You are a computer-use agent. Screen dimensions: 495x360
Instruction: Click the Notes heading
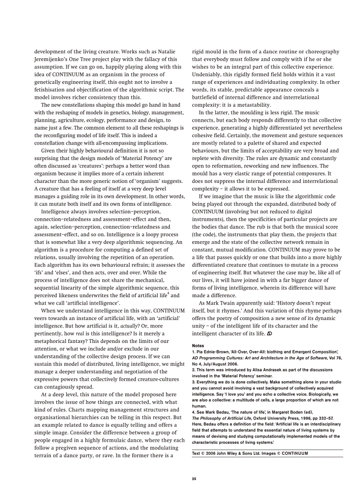198,346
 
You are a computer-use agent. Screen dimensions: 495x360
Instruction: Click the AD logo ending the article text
269,333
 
